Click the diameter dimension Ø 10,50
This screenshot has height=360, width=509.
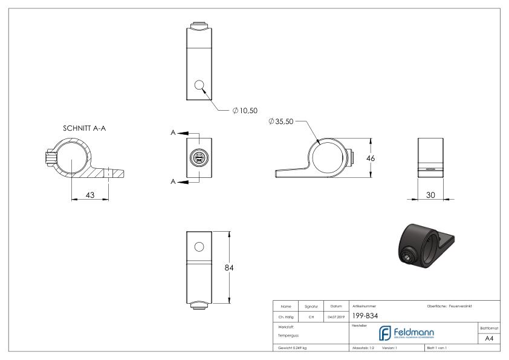pos(246,111)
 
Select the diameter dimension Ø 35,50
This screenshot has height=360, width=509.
pos(282,122)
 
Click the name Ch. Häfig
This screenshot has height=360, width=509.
pos(288,315)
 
